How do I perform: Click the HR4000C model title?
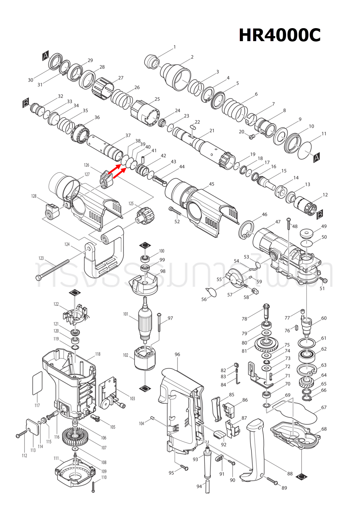pyautogui.click(x=280, y=35)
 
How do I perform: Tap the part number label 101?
pyautogui.click(x=126, y=314)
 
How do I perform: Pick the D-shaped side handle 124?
pyautogui.click(x=105, y=253)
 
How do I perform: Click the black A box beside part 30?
pyautogui.click(x=45, y=56)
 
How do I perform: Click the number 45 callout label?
pyautogui.click(x=211, y=184)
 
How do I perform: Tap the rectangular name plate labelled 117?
pyautogui.click(x=37, y=384)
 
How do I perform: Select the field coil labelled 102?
pyautogui.click(x=145, y=358)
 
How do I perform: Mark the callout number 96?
pyautogui.click(x=177, y=354)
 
